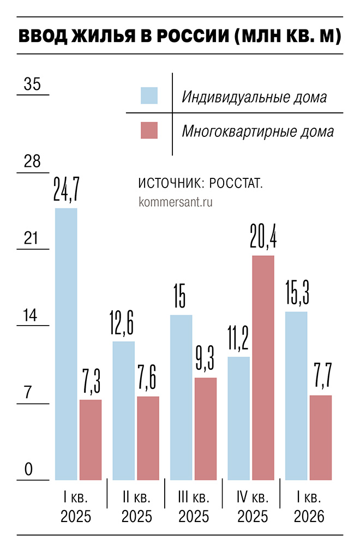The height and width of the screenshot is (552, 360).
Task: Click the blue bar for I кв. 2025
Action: pos(66,344)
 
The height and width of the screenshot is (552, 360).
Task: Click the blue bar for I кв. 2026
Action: pos(296,395)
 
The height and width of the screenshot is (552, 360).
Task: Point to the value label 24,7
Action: pos(67,189)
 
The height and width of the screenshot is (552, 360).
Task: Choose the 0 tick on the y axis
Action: pos(29,470)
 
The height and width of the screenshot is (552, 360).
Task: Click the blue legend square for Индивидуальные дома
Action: pos(149,95)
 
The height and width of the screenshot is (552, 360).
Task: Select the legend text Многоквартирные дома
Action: pos(257,131)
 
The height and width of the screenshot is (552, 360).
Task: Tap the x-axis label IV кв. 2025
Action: pos(252,507)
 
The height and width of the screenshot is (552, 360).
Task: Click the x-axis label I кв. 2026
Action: pos(309,507)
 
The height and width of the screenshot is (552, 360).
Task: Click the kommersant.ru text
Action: pos(176,201)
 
